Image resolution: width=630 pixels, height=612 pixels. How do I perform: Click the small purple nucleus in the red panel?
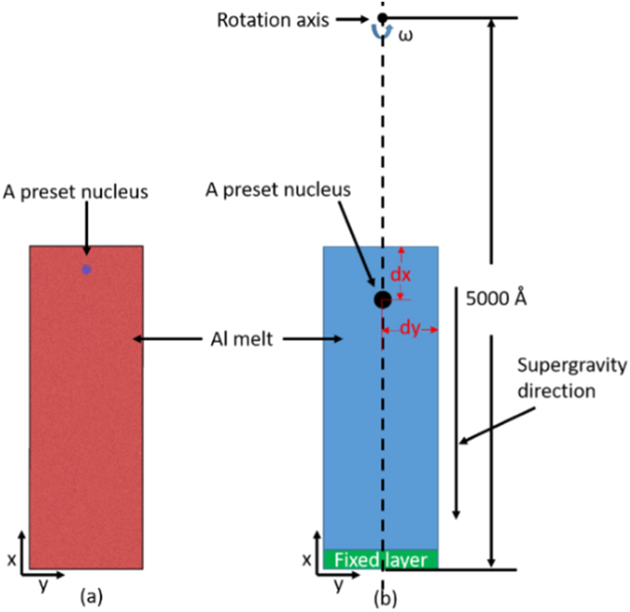tap(86, 269)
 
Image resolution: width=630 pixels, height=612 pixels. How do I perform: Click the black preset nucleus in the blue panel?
tap(382, 299)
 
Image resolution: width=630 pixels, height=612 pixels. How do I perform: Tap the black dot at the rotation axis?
tap(382, 17)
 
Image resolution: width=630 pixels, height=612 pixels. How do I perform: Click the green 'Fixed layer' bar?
tap(380, 559)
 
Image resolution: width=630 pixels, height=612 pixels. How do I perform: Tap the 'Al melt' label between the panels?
tap(239, 339)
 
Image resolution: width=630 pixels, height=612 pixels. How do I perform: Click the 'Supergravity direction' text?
tap(571, 378)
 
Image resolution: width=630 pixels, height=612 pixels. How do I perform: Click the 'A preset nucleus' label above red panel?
tap(75, 192)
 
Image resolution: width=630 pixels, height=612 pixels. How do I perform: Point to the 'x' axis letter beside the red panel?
tap(10, 560)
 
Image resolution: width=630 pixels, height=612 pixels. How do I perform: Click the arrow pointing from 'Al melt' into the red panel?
tap(166, 339)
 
